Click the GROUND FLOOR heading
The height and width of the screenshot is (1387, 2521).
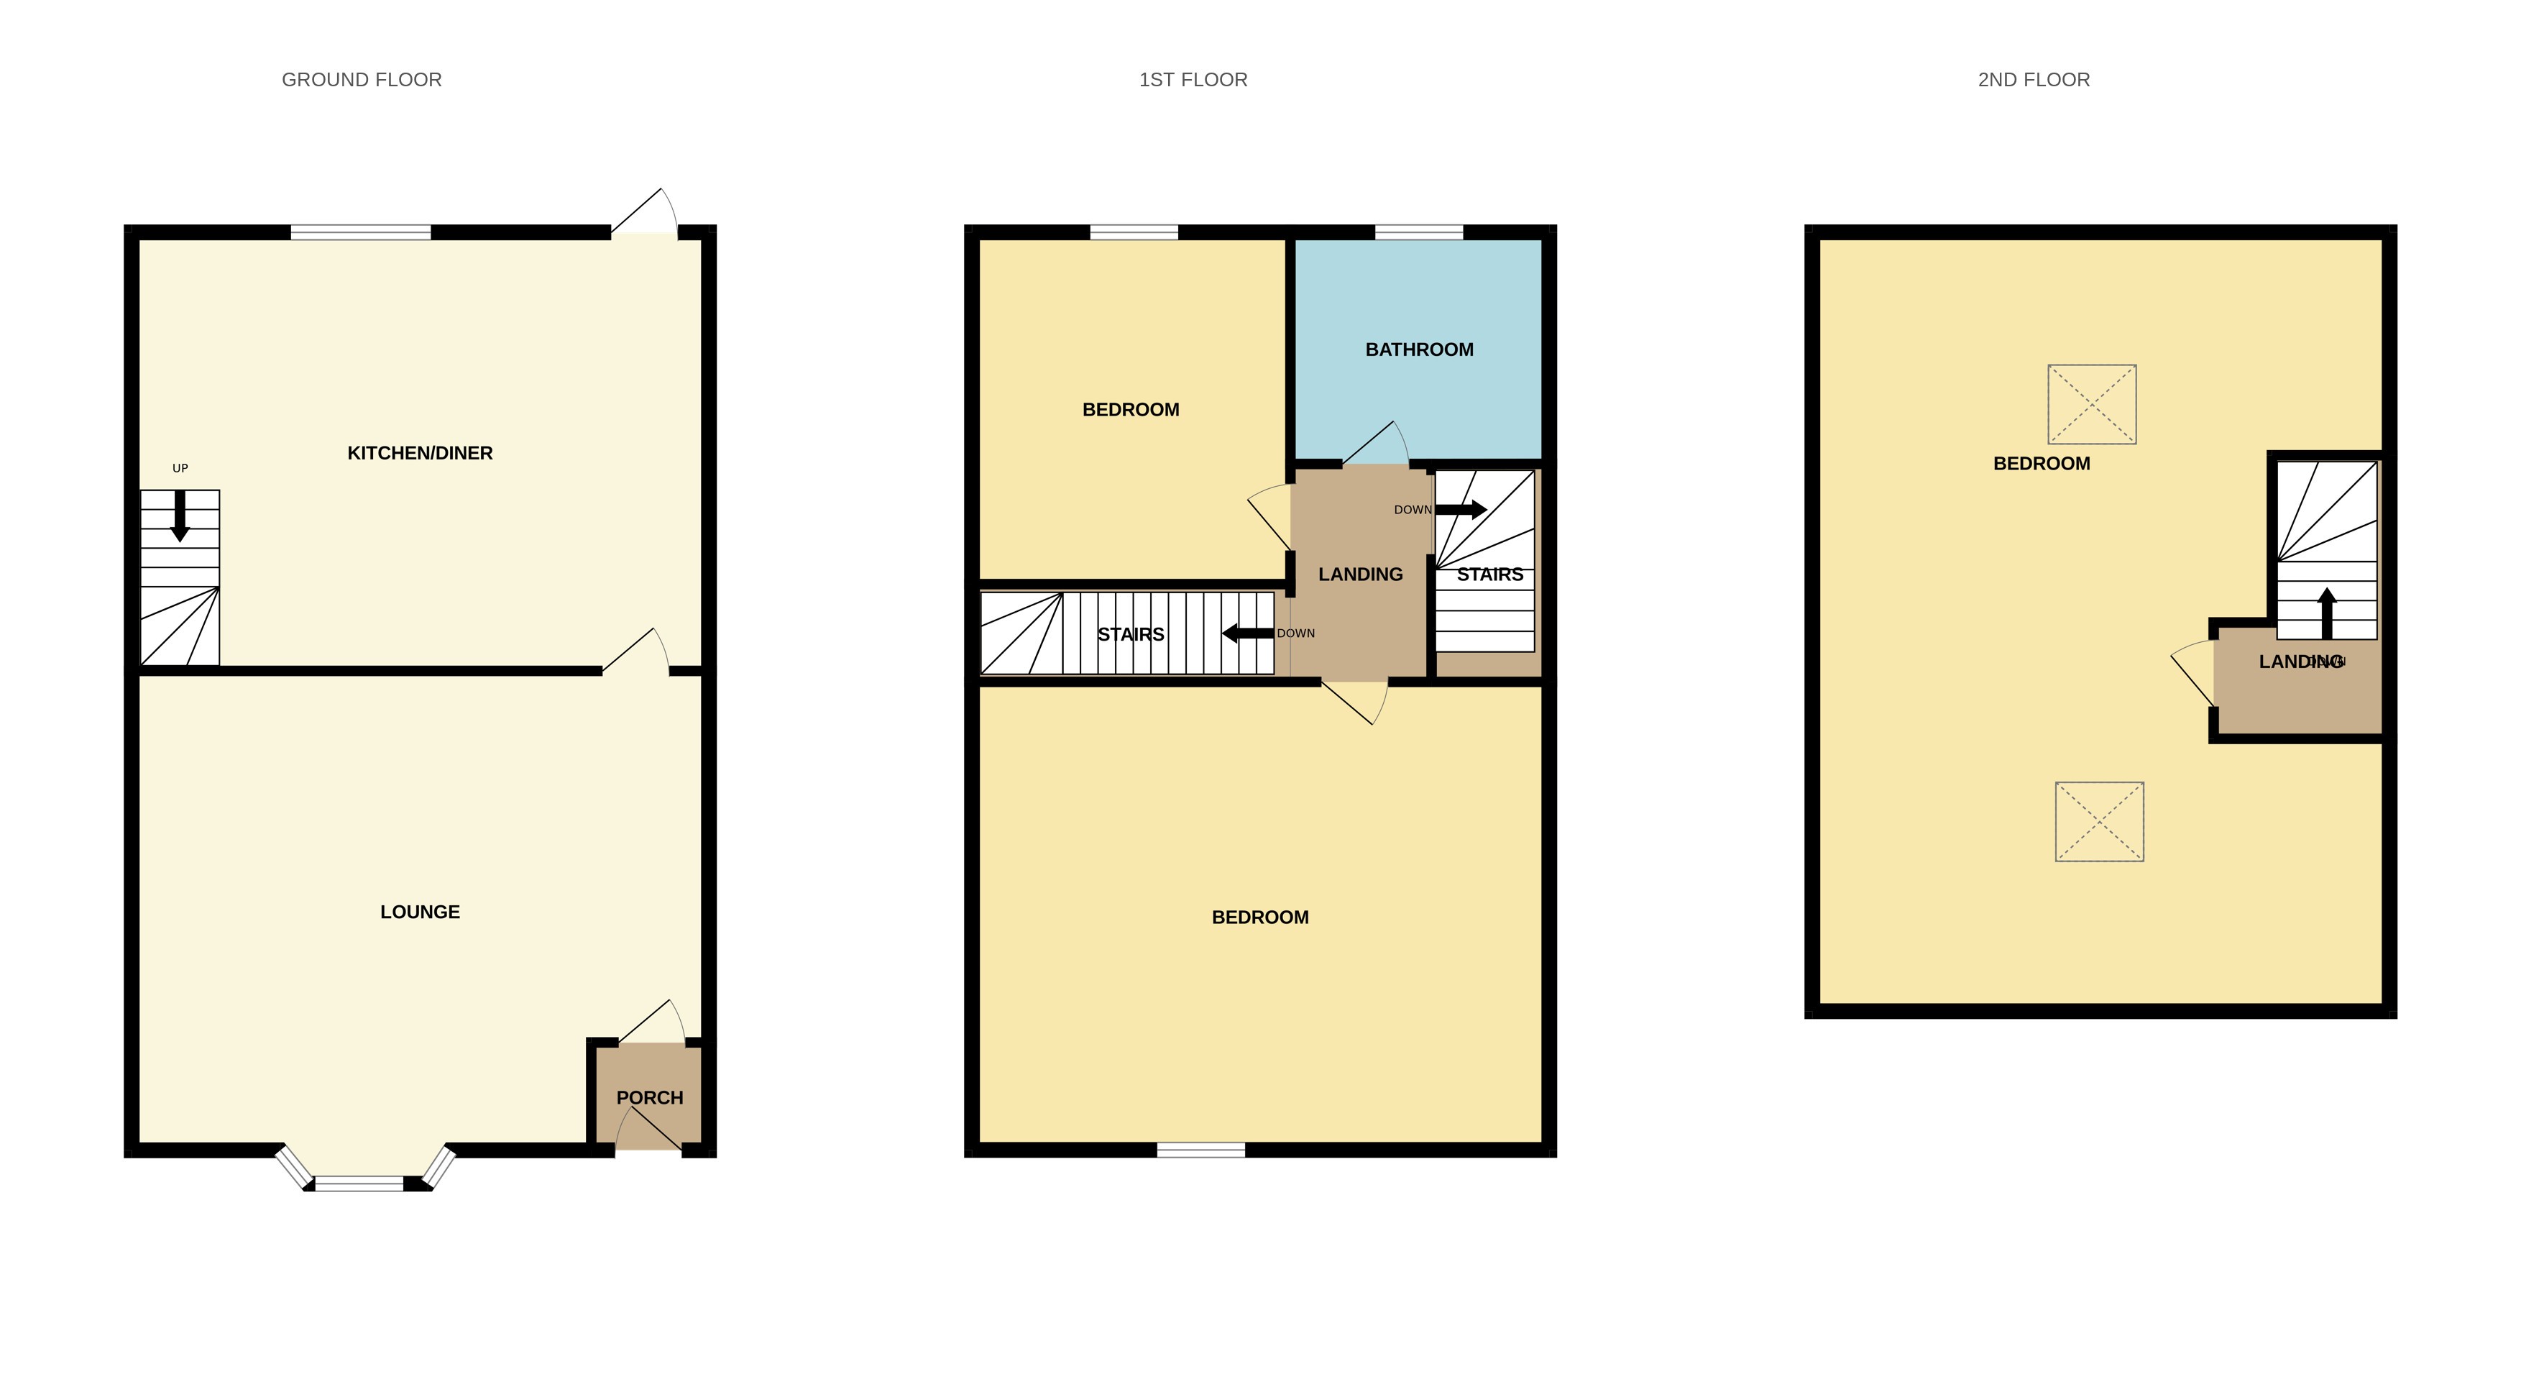pos(361,79)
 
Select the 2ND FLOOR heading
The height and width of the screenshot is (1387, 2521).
pos(2033,79)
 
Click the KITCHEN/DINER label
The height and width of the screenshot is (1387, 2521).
pos(420,453)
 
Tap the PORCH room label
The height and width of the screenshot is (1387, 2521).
pos(649,1097)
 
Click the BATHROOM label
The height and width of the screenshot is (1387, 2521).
pos(1419,349)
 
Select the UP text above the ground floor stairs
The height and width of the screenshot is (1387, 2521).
pos(180,468)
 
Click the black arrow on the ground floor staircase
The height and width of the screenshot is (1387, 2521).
pos(180,515)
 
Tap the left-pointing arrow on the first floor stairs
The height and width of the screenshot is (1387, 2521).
pos(1248,633)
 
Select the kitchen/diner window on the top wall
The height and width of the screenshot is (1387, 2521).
pos(360,232)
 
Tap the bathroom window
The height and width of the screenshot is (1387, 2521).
pos(1418,232)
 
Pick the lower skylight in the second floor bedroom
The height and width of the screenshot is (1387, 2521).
pos(2098,821)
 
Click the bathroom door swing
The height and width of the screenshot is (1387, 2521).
pos(1376,445)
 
